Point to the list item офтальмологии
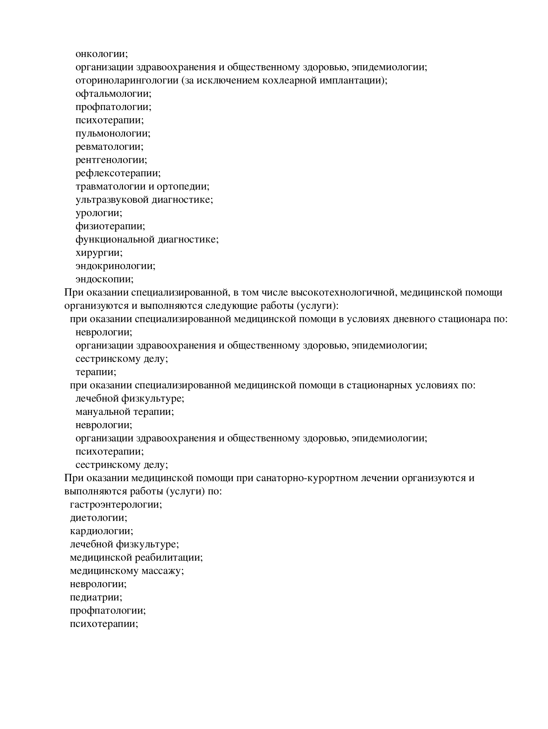point(113,94)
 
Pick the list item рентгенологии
point(111,160)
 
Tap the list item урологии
point(99,213)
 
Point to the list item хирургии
point(99,253)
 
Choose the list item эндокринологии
point(115,266)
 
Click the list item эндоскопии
point(104,279)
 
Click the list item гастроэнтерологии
point(116,505)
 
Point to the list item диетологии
point(98,518)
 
